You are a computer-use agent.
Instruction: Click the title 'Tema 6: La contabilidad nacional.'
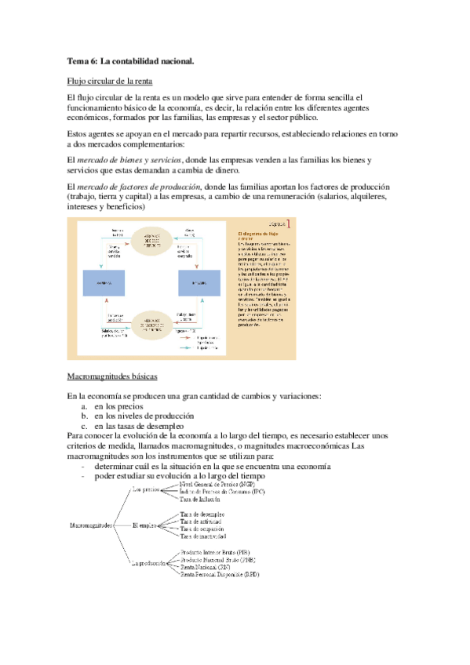click(x=130, y=61)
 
